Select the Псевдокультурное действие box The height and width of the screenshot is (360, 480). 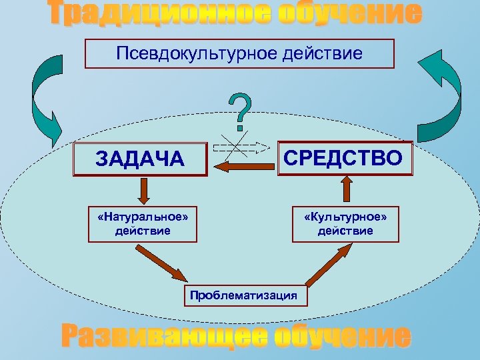click(239, 53)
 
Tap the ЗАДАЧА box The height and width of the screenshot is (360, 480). click(140, 159)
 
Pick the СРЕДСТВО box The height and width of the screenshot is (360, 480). click(345, 158)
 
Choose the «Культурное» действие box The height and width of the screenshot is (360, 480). click(345, 224)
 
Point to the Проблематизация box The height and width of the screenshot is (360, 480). click(243, 295)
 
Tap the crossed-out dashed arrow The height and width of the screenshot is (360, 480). click(240, 145)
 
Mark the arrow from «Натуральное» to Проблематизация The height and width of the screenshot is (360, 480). click(161, 264)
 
